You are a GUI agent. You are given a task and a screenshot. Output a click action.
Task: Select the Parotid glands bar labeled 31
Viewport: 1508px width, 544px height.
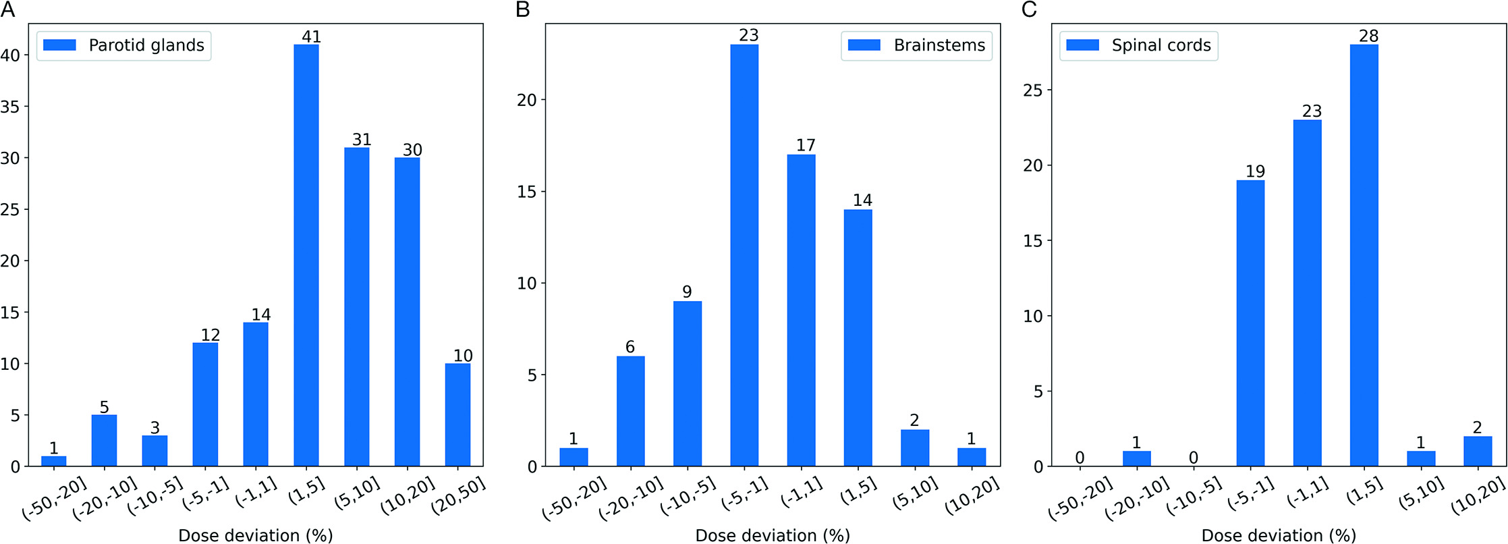(x=357, y=306)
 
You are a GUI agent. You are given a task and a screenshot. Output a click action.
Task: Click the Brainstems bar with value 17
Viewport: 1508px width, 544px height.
(x=801, y=310)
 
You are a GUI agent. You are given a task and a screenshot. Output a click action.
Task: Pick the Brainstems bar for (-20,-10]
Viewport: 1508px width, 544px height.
(x=630, y=411)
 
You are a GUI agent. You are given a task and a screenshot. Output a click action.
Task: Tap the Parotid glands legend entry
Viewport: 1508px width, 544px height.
(x=124, y=45)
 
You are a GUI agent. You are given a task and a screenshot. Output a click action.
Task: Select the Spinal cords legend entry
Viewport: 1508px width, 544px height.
(x=1139, y=45)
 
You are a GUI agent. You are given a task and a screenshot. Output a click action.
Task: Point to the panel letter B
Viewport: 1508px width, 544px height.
(x=522, y=9)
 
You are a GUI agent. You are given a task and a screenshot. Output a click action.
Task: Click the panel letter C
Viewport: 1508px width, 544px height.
(x=1029, y=9)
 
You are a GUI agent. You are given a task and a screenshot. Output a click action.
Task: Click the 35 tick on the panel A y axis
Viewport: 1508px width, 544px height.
(x=11, y=107)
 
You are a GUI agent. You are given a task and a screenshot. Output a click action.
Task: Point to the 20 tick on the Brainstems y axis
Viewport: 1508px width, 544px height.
(x=526, y=100)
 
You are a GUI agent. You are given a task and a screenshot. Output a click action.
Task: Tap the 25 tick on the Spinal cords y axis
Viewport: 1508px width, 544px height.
(x=1032, y=90)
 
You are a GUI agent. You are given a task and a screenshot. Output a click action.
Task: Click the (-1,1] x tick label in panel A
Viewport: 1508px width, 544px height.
(x=257, y=492)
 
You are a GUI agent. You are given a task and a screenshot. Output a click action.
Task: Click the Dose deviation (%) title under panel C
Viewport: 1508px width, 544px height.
(x=1279, y=535)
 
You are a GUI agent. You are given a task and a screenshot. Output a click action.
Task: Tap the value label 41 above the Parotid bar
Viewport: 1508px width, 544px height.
(x=311, y=36)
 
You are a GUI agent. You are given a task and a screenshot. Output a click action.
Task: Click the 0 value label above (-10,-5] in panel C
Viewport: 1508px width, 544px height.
(x=1193, y=458)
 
